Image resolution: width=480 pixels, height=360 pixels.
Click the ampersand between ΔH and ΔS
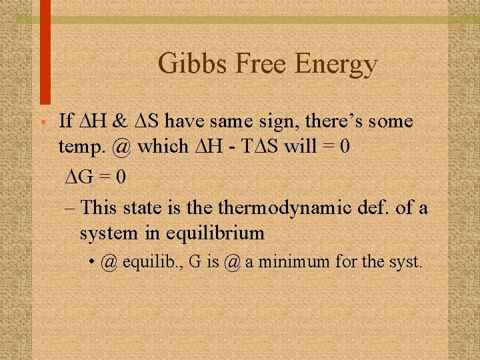(120, 122)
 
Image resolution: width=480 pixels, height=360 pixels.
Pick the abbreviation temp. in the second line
(83, 146)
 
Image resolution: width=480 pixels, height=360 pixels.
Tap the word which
(162, 146)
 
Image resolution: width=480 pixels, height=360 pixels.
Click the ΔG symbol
(78, 177)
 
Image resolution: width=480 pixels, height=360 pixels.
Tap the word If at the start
(65, 122)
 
